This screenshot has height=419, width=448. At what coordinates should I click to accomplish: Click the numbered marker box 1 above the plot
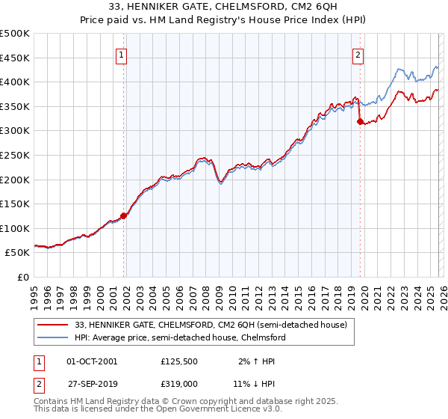pos(122,54)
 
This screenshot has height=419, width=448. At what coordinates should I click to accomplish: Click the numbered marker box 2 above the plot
pos(358,54)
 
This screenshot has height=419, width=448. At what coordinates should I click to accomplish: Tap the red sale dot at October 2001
pos(124,215)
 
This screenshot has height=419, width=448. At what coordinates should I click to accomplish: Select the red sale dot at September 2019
pos(360,121)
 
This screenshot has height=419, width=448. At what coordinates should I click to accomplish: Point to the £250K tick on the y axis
pos(15,155)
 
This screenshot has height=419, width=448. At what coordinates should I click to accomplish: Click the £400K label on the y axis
pos(15,82)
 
